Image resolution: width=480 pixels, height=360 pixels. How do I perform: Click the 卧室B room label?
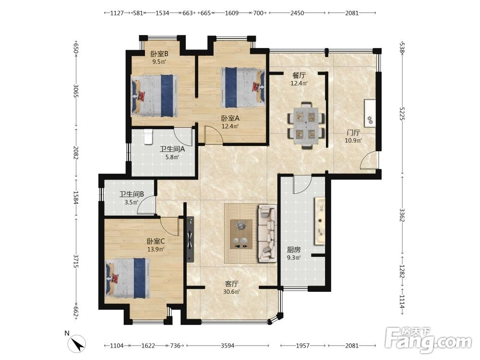[x=159, y=54]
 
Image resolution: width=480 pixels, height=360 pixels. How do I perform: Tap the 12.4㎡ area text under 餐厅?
[x=299, y=83]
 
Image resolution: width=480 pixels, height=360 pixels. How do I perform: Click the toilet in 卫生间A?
[x=148, y=137]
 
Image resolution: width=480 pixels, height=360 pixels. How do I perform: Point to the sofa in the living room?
[x=267, y=234]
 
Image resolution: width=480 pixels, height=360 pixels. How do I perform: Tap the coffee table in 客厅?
[x=241, y=234]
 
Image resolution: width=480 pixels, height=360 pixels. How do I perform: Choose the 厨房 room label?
[x=294, y=250]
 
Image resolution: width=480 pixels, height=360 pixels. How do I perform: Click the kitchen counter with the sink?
[x=320, y=221]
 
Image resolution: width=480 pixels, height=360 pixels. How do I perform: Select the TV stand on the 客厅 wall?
[x=190, y=240]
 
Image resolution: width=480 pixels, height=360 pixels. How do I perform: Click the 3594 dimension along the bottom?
[x=228, y=346]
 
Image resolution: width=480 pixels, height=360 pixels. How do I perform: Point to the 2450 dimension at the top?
[x=297, y=13]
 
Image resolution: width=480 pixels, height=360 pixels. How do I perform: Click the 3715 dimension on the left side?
[x=76, y=261]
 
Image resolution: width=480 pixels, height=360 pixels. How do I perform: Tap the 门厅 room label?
[x=353, y=132]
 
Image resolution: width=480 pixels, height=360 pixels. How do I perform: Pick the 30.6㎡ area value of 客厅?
[x=231, y=292]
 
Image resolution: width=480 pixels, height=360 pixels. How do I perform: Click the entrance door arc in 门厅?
[x=369, y=160]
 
